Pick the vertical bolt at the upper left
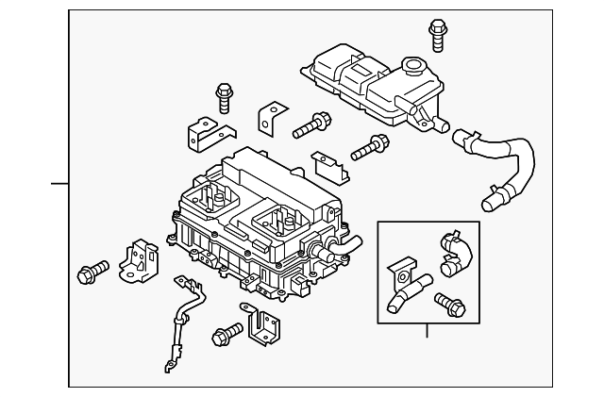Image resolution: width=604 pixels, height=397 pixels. click(x=224, y=97)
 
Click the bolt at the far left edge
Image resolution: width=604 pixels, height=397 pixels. click(x=91, y=273)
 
